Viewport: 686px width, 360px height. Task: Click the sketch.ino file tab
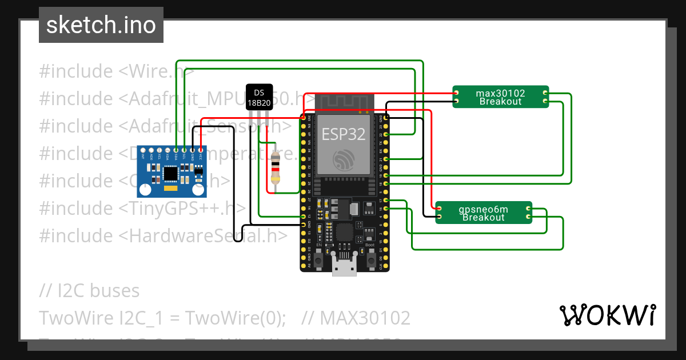pos(101,25)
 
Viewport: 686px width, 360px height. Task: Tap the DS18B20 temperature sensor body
pos(259,97)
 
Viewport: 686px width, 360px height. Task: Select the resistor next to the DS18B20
pos(276,167)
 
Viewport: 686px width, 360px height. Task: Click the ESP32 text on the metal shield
pos(343,134)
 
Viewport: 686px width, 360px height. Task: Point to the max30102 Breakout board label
pos(500,97)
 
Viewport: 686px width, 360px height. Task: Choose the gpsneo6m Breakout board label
pos(483,213)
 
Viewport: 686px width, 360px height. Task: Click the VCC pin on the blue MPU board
pos(201,150)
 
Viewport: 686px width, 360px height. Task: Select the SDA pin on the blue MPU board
pos(176,150)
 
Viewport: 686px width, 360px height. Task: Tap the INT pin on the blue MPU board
pos(143,150)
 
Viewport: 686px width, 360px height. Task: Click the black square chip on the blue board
pos(170,173)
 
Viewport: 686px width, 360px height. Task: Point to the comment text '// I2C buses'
pos(89,290)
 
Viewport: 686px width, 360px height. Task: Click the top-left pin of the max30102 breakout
pos(456,93)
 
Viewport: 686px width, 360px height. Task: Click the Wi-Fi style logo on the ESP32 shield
pos(343,159)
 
